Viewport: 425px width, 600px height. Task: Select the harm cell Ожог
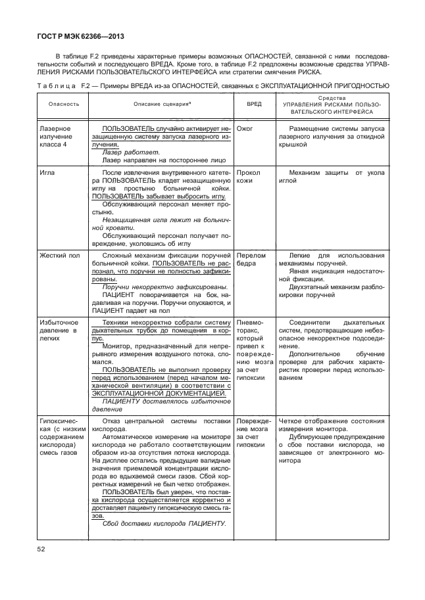click(x=245, y=129)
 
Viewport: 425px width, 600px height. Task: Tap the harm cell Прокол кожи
click(x=249, y=176)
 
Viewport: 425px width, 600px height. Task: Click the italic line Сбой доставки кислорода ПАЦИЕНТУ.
click(x=164, y=523)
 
